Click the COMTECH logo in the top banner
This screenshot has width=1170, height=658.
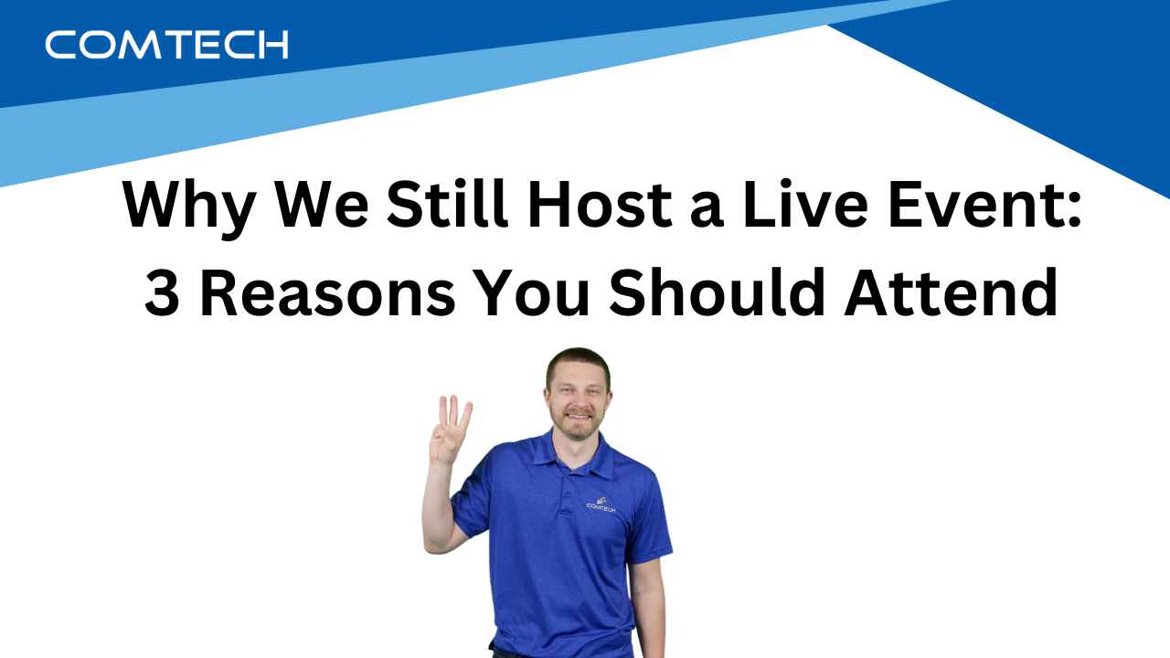166,44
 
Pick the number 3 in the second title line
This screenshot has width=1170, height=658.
162,295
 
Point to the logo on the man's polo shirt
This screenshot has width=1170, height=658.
601,504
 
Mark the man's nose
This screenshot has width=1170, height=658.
577,399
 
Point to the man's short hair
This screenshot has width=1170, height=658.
577,357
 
